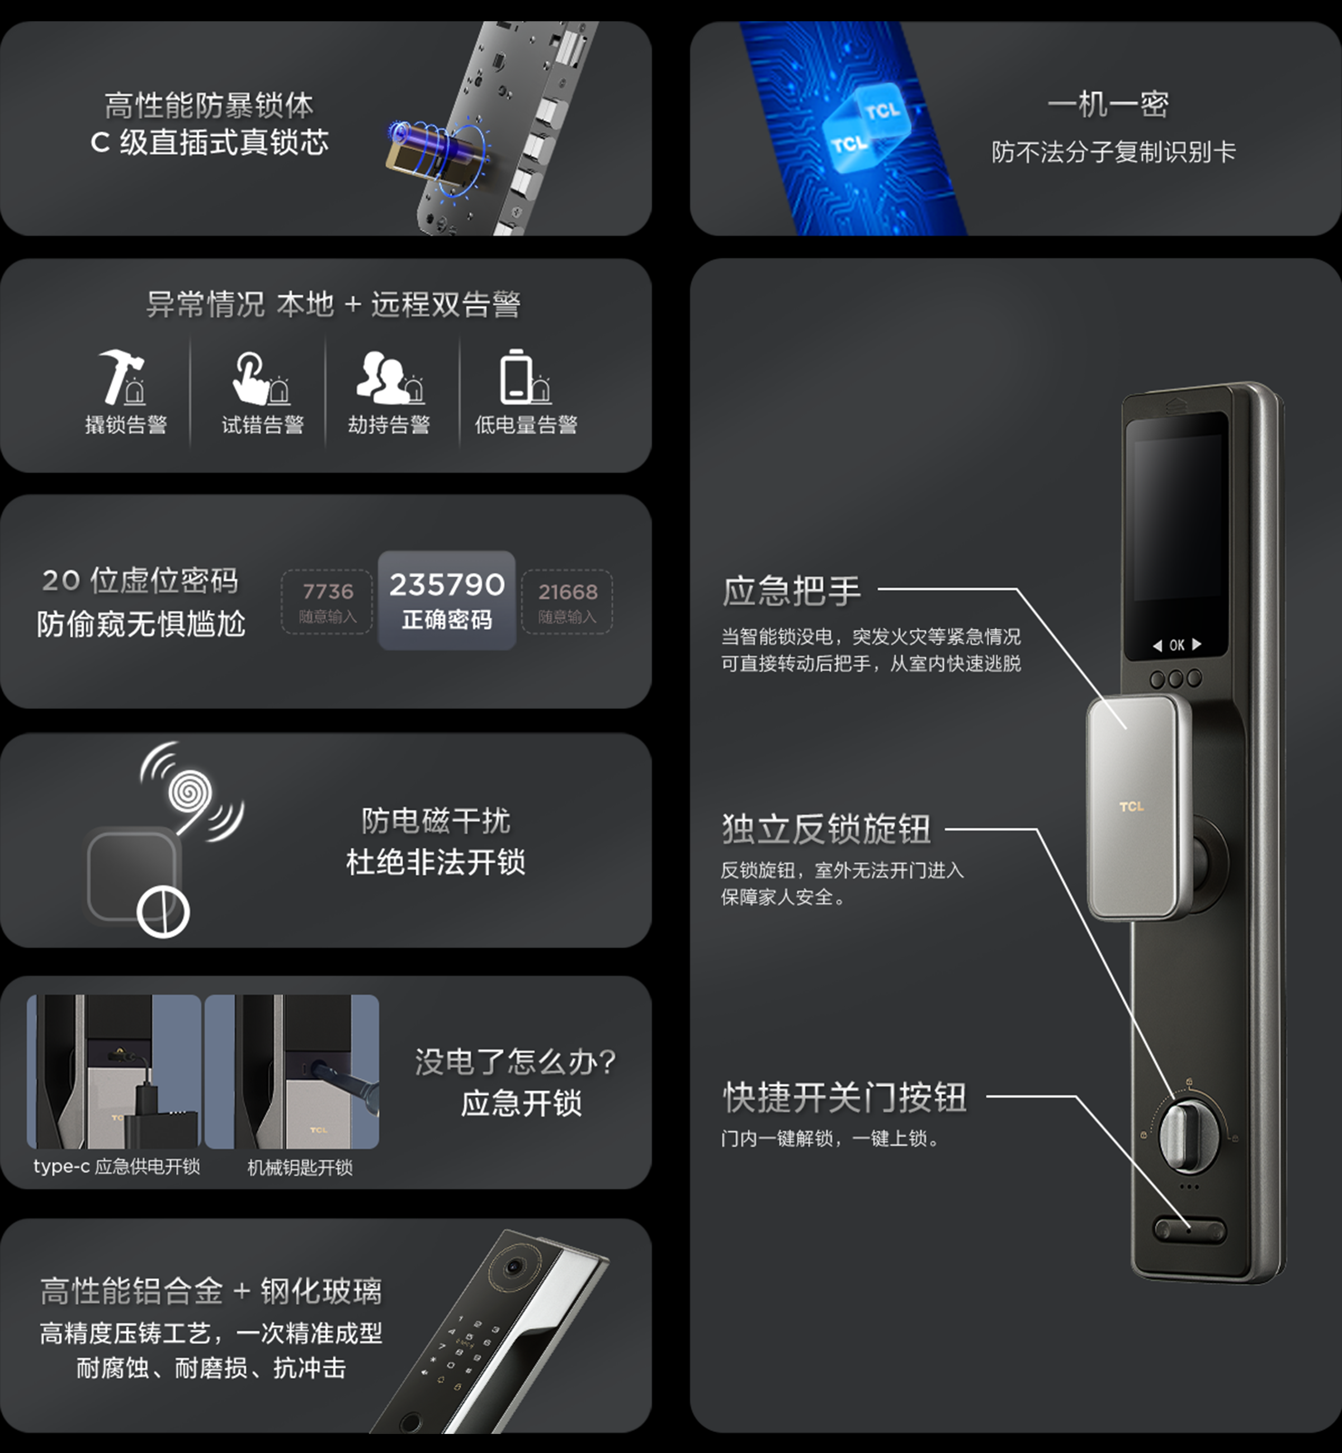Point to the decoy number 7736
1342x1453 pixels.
click(328, 591)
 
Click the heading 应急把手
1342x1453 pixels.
click(792, 591)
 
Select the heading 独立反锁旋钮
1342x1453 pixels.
click(826, 829)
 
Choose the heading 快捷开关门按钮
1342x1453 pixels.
click(844, 1096)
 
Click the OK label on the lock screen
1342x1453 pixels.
click(1176, 644)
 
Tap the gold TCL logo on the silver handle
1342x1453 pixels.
click(1131, 806)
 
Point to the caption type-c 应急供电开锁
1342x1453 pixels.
click(116, 1166)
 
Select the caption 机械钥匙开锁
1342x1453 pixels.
click(300, 1167)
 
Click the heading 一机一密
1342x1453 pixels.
click(1108, 105)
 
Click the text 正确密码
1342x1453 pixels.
click(447, 620)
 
